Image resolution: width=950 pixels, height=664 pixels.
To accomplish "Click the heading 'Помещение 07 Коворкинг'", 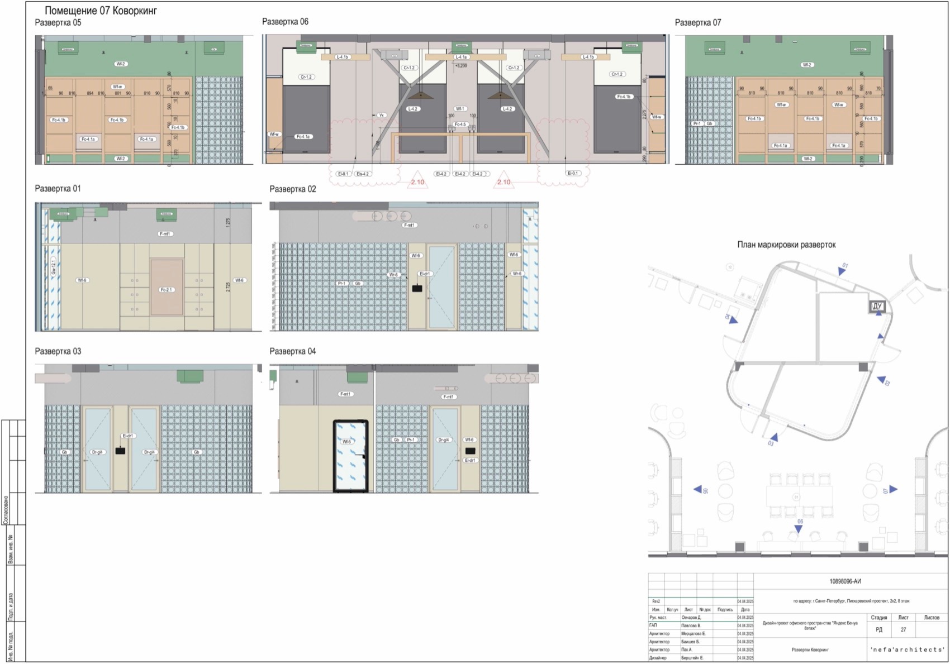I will pyautogui.click(x=101, y=11).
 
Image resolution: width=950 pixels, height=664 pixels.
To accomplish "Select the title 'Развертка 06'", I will pyautogui.click(x=285, y=22).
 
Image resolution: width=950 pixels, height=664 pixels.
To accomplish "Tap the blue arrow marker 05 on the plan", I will pyautogui.click(x=698, y=489).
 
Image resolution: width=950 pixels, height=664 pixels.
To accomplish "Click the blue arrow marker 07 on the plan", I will pyautogui.click(x=893, y=489).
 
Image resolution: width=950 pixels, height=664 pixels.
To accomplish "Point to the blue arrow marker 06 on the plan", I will pyautogui.click(x=799, y=528).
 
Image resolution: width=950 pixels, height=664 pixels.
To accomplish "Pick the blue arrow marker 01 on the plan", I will pyautogui.click(x=842, y=271).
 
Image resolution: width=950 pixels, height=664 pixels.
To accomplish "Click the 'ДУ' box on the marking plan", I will pyautogui.click(x=877, y=306).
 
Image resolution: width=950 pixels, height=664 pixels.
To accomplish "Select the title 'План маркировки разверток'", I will pyautogui.click(x=786, y=245).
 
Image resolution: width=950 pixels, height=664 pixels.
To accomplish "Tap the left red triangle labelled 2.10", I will pyautogui.click(x=417, y=180).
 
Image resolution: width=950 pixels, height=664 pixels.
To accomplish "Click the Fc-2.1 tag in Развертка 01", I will pyautogui.click(x=167, y=290).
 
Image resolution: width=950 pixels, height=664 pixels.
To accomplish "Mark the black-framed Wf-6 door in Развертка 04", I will pyautogui.click(x=350, y=456).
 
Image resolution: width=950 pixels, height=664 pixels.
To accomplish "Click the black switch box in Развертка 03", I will pyautogui.click(x=120, y=451).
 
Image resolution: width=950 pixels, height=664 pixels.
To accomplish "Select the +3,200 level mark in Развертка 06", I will pyautogui.click(x=460, y=65).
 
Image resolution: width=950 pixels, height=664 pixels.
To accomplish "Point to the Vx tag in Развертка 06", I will pyautogui.click(x=381, y=115).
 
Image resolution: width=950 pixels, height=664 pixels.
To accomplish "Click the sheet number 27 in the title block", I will pyautogui.click(x=903, y=629).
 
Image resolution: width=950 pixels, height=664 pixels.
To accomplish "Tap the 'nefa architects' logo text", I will pyautogui.click(x=907, y=649).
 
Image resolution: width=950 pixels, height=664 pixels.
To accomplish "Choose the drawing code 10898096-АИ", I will pyautogui.click(x=845, y=581).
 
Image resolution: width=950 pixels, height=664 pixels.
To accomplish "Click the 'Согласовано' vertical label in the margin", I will pyautogui.click(x=6, y=509).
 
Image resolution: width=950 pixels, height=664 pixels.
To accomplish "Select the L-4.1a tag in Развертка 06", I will pyautogui.click(x=460, y=57).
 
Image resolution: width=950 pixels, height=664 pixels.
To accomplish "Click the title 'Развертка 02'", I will pyautogui.click(x=292, y=189).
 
